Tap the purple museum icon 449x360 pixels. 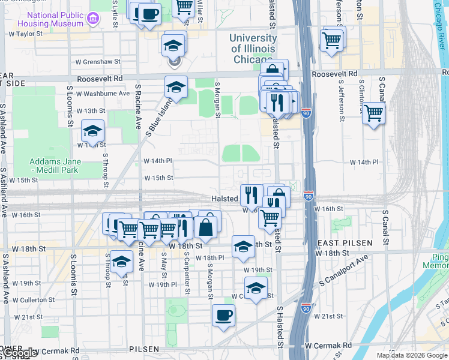pyautogui.click(x=93, y=18)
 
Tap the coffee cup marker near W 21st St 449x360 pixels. pyautogui.click(x=223, y=316)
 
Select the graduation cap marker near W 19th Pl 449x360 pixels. pyautogui.click(x=256, y=289)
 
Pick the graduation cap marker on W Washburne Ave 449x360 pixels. pyautogui.click(x=176, y=87)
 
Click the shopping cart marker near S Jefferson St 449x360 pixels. pyautogui.click(x=332, y=41)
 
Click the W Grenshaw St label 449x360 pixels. pyautogui.click(x=98, y=62)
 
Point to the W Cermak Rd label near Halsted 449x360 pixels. pyautogui.click(x=328, y=346)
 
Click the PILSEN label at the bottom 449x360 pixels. pyautogui.click(x=144, y=349)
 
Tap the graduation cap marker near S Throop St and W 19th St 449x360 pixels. pyautogui.click(x=121, y=263)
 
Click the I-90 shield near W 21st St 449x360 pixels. pyautogui.click(x=307, y=308)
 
